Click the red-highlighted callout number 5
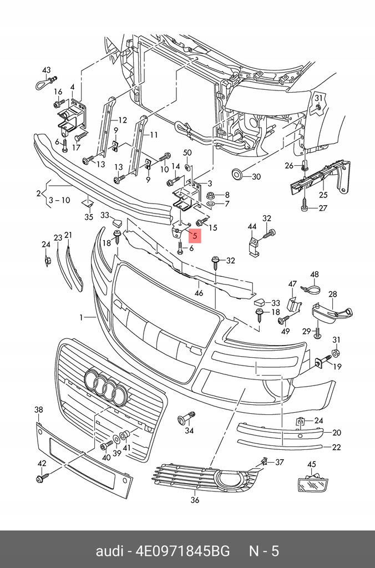tap(194, 236)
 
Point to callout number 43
tap(47, 70)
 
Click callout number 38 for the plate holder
tap(38, 410)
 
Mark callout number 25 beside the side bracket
tap(323, 195)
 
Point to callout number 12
tap(123, 120)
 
